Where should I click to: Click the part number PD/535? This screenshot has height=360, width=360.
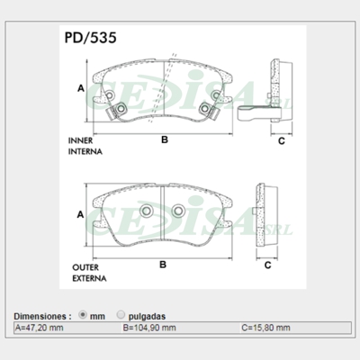pyautogui.click(x=90, y=38)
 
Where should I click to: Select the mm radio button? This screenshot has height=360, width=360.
pyautogui.click(x=83, y=315)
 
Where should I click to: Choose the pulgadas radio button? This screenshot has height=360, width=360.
pyautogui.click(x=121, y=315)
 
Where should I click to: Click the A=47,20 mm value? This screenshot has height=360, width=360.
pyautogui.click(x=40, y=328)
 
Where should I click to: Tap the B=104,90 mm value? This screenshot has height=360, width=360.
pyautogui.click(x=149, y=328)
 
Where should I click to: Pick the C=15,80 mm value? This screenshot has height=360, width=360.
pyautogui.click(x=265, y=328)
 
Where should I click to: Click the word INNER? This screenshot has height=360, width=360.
pyautogui.click(x=80, y=140)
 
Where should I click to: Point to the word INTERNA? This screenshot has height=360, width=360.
pyautogui.click(x=85, y=151)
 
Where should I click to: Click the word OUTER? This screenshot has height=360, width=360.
pyautogui.click(x=85, y=267)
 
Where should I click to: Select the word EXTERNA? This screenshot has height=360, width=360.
pyautogui.click(x=89, y=278)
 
